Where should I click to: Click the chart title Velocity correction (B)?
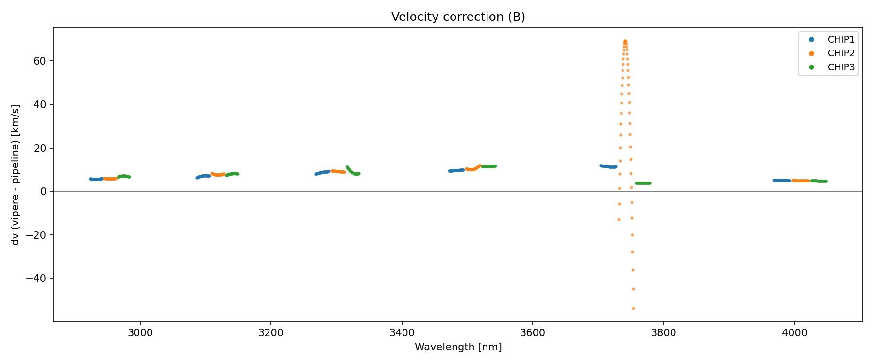coord(458,17)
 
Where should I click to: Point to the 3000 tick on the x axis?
coord(140,333)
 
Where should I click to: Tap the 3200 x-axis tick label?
coord(271,333)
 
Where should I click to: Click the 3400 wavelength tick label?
coord(402,333)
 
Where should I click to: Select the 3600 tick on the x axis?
coord(533,333)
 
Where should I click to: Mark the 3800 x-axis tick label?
coord(663,333)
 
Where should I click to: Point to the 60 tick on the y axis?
coord(40,61)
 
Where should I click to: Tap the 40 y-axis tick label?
coord(40,104)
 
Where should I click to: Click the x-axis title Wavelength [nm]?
coord(458,347)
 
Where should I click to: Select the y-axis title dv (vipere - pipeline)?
coord(16,175)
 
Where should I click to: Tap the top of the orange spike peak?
coord(625,41)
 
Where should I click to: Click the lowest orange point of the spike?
coord(633,308)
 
